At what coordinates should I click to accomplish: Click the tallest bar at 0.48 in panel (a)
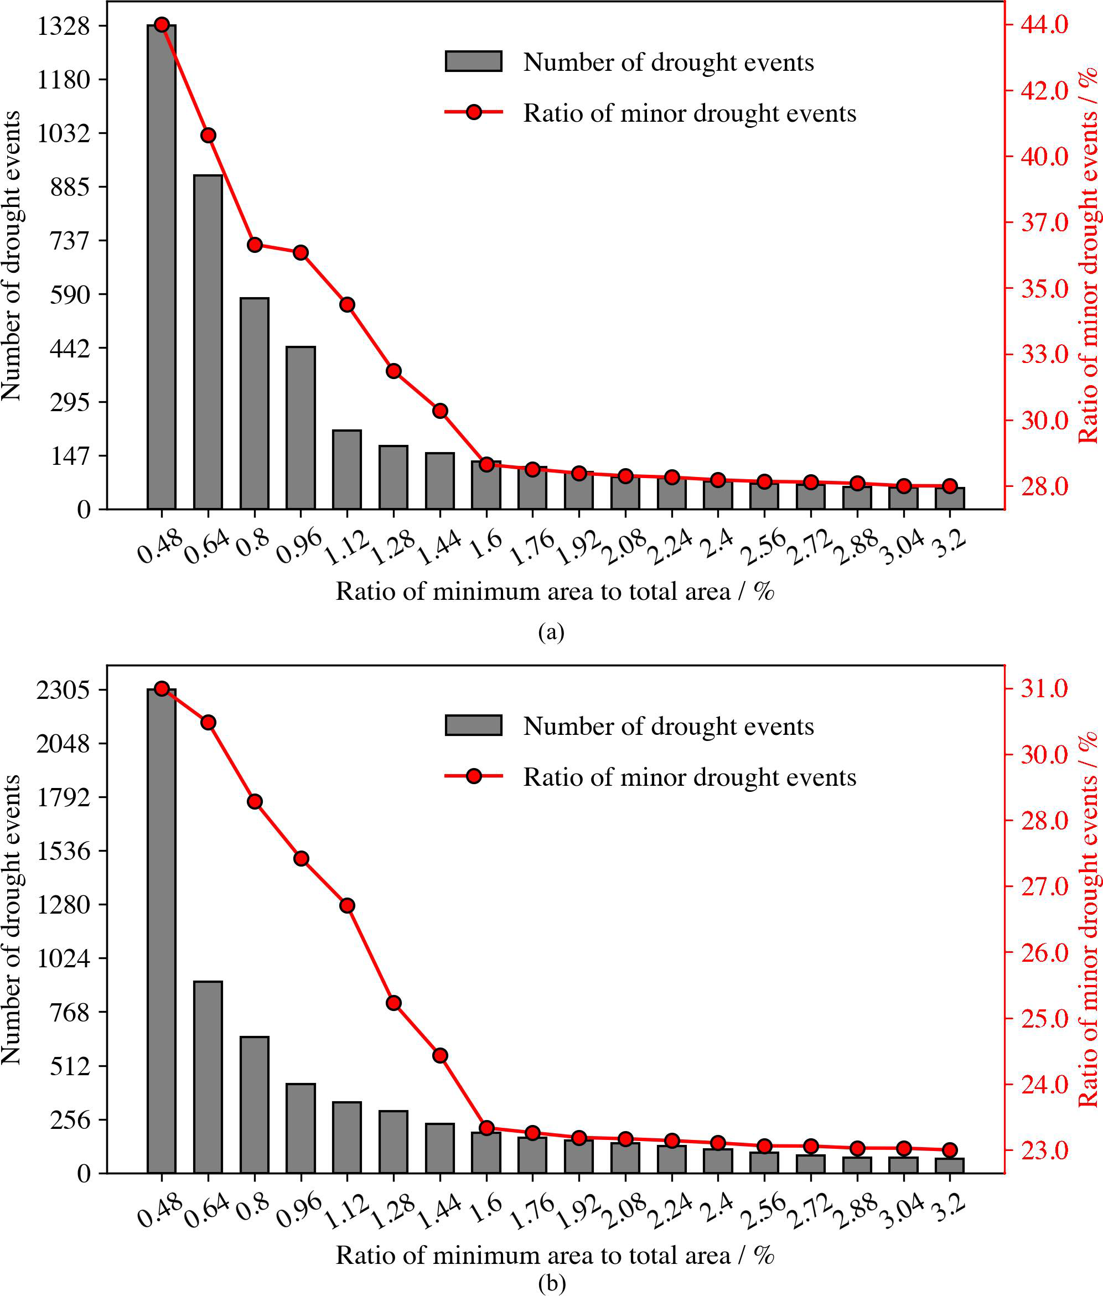click(x=161, y=269)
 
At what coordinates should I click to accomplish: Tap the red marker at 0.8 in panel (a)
click(x=255, y=245)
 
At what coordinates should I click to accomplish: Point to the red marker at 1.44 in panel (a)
click(x=440, y=411)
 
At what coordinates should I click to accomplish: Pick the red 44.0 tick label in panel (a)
click(x=1045, y=24)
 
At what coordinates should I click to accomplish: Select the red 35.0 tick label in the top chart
click(x=1045, y=289)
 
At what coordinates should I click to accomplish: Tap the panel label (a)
click(x=551, y=633)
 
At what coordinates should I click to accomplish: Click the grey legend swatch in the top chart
click(x=473, y=61)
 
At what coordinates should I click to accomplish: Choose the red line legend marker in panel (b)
click(x=473, y=776)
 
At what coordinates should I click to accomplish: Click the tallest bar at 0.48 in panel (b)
click(x=161, y=931)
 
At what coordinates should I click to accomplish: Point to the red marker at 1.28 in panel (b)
click(x=393, y=1003)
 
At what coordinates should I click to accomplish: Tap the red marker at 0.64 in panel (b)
click(x=208, y=723)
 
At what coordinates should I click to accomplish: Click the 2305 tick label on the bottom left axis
click(x=63, y=690)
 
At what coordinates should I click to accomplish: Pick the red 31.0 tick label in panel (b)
click(x=1045, y=688)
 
